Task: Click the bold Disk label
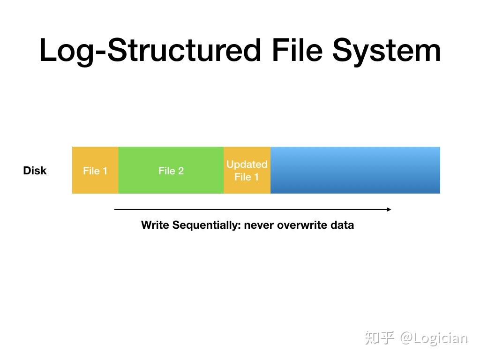coord(35,171)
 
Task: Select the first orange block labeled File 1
coord(95,171)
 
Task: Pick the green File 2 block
coord(171,171)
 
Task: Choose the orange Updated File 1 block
coord(247,171)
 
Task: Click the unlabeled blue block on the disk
coord(355,171)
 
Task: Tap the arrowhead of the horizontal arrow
coord(389,210)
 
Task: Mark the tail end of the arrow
coord(115,210)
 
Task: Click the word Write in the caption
coord(155,225)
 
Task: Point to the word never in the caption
coord(259,225)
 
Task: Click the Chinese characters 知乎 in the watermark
coord(379,338)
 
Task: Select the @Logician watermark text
coord(434,338)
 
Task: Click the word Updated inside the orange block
coord(247,165)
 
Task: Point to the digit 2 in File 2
coord(181,171)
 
